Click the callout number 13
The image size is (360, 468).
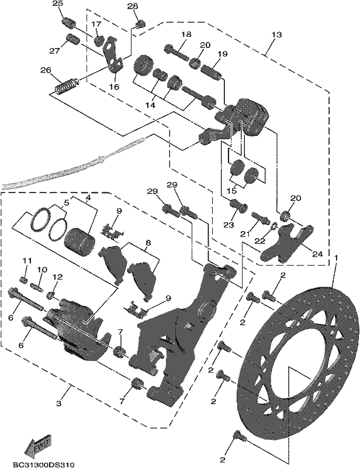(x=276, y=35)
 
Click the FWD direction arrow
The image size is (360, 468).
(x=39, y=444)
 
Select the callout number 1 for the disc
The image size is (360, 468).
(x=336, y=257)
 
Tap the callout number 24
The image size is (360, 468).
(x=317, y=254)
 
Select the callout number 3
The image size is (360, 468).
(x=59, y=403)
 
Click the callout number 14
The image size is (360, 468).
(x=151, y=105)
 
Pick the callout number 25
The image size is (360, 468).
(x=58, y=4)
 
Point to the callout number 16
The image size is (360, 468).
(x=114, y=87)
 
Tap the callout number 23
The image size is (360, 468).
(x=229, y=225)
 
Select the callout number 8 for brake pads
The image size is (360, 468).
(x=148, y=243)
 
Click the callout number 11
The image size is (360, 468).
(x=27, y=260)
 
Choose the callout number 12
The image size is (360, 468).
(x=57, y=277)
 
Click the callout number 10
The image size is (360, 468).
(x=42, y=270)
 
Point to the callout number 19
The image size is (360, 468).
(x=223, y=54)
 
